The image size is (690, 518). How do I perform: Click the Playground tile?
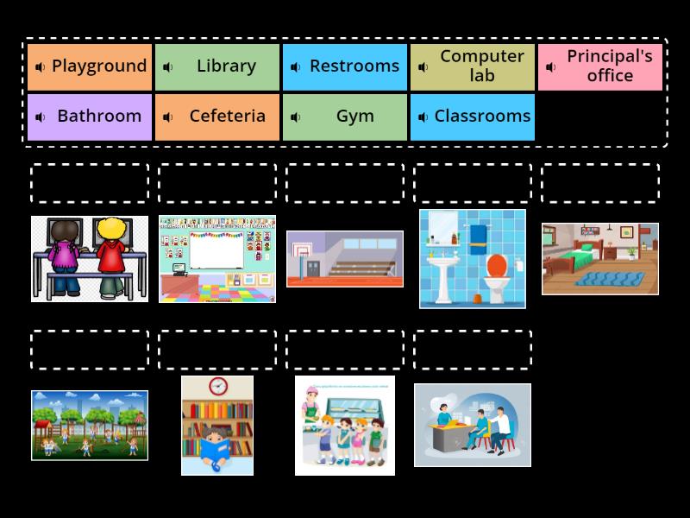[90, 66]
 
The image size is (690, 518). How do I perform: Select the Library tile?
[217, 66]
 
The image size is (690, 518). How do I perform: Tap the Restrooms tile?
[345, 66]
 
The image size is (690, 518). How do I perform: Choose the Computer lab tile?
[473, 66]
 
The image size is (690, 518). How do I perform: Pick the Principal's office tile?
[600, 66]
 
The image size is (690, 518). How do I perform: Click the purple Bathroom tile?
[90, 117]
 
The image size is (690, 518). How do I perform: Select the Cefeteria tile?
[217, 117]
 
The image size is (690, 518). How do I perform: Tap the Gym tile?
[345, 117]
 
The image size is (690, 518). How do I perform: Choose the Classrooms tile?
[473, 117]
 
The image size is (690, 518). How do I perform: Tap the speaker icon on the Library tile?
[168, 67]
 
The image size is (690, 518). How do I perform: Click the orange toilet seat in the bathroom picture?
[497, 263]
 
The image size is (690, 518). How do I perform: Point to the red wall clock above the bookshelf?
[217, 386]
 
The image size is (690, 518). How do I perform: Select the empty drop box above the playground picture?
[90, 350]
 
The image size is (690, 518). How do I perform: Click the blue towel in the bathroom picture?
[478, 236]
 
